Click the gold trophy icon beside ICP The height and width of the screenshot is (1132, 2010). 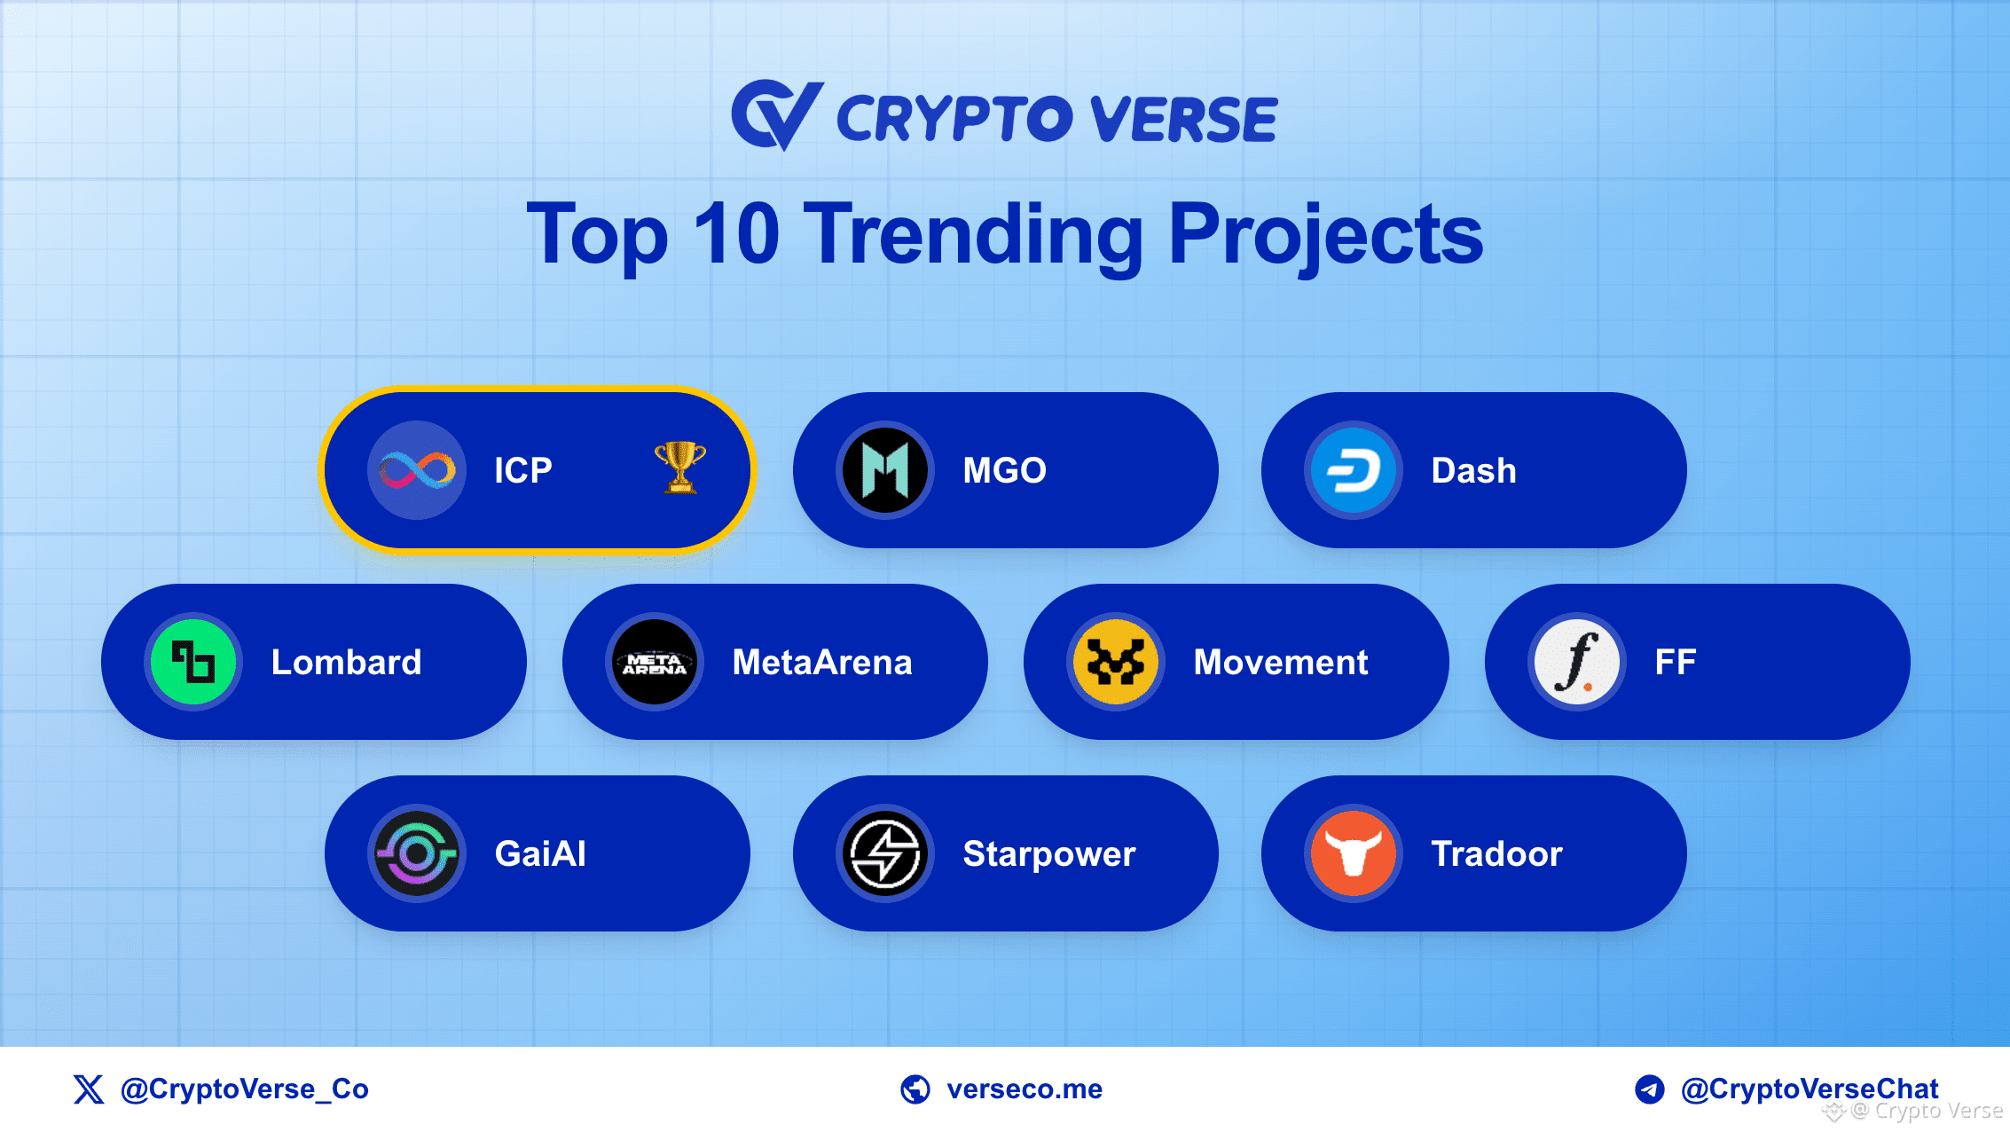680,467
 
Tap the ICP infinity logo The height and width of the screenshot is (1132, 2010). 417,470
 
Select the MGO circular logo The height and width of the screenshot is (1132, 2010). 885,470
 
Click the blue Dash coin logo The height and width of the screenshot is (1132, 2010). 1354,470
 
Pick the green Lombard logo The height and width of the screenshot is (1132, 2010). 193,662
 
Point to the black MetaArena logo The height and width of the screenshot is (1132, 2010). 655,662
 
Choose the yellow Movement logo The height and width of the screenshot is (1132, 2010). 1116,662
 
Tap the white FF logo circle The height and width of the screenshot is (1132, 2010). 1577,662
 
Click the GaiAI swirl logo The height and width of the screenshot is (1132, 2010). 417,853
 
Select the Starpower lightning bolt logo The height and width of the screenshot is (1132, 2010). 885,853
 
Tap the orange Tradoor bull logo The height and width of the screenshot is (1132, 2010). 1354,853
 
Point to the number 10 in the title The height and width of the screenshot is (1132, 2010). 736,233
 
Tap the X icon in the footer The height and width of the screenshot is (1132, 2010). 89,1089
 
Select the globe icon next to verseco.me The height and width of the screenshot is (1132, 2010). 915,1089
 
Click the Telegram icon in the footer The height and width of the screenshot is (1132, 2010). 1650,1089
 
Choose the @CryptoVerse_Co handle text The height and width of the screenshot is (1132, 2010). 245,1089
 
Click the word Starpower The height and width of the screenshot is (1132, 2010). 1049,854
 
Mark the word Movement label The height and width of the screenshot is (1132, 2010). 1281,662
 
